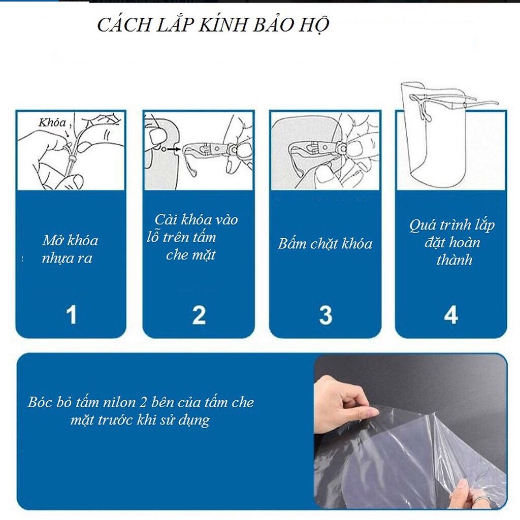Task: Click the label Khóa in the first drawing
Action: (52, 122)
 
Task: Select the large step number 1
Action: (71, 314)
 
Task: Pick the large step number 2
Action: (199, 315)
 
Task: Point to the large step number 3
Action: (326, 315)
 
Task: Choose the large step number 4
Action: (451, 315)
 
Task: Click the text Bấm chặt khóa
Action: (325, 243)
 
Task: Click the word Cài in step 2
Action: (165, 219)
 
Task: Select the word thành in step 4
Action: (454, 259)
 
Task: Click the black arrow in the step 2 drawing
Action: (174, 149)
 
